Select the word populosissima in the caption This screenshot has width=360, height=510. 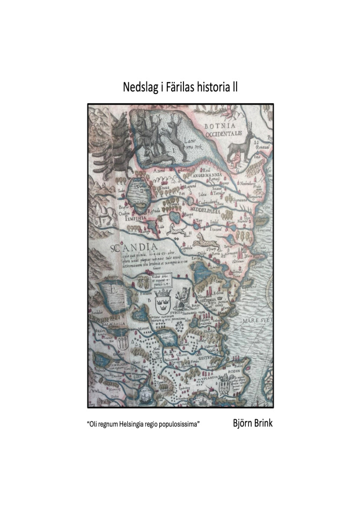tap(179, 424)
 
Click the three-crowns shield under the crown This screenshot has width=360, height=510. tap(163, 307)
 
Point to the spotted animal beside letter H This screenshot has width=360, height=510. tap(175, 229)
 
